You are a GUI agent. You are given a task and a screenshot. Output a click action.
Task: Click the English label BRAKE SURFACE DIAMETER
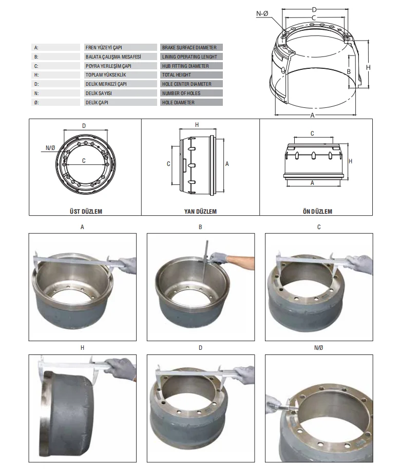(x=188, y=47)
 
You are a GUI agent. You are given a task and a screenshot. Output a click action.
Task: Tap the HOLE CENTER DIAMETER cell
(x=186, y=84)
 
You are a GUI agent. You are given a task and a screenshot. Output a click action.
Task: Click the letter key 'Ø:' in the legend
(x=36, y=103)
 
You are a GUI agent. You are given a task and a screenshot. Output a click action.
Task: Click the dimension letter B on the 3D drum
(x=348, y=71)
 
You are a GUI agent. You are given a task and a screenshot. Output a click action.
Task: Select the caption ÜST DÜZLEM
(x=84, y=211)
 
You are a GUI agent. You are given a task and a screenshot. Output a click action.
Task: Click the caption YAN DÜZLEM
(x=200, y=211)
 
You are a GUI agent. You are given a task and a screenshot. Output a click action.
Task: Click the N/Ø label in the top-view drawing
(x=50, y=148)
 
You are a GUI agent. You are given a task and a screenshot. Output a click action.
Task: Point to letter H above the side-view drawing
(x=197, y=125)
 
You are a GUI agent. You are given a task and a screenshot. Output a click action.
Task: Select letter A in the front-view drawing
(x=312, y=182)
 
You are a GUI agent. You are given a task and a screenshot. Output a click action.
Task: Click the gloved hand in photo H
(x=123, y=368)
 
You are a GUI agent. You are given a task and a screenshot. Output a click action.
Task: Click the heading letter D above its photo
(x=200, y=348)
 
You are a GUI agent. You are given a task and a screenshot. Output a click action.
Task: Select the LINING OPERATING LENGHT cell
(x=189, y=57)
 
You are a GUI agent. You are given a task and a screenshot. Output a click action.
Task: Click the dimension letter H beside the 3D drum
(x=368, y=67)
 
